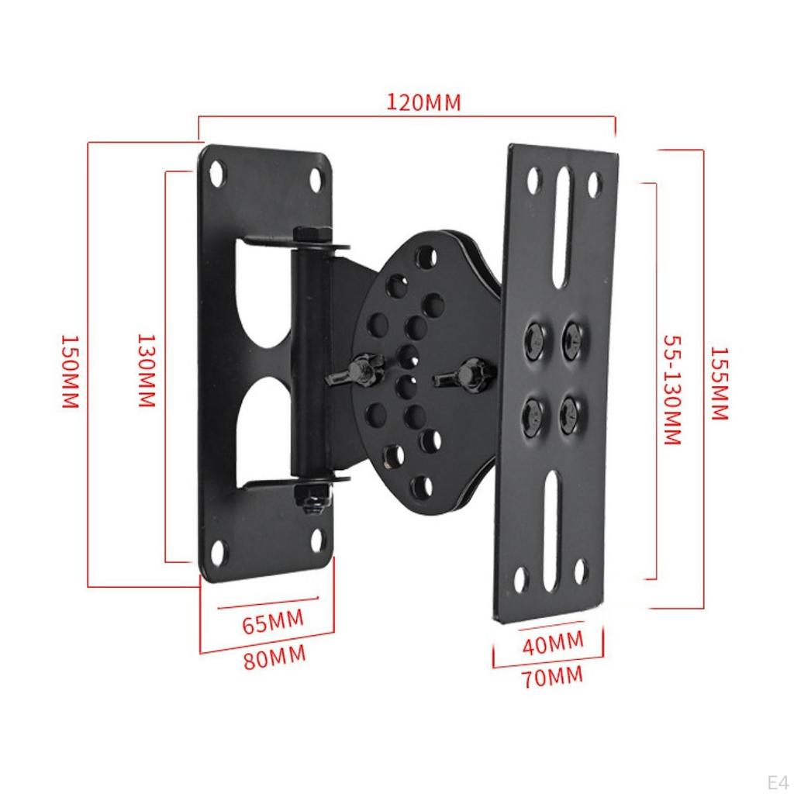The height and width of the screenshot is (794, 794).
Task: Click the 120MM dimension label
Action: pos(423,102)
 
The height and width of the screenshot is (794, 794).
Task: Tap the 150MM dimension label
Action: pos(70,372)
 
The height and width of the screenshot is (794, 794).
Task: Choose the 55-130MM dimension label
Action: pos(671,389)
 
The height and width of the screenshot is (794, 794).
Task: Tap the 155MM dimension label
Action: pos(719,382)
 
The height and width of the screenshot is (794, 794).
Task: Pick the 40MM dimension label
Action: pos(554,643)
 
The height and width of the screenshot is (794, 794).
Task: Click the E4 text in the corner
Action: pos(776,780)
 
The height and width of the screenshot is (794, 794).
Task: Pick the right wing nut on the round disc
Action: pos(468,375)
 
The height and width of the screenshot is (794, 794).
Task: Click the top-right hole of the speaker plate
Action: pos(594,185)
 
